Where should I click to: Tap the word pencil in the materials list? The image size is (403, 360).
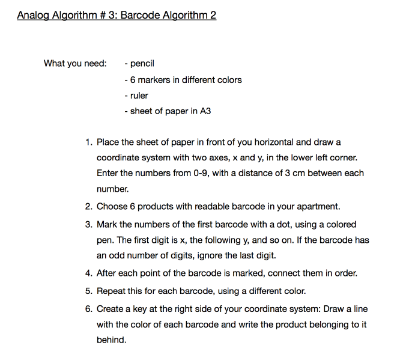click(x=142, y=63)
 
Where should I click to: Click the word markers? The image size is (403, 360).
click(x=154, y=79)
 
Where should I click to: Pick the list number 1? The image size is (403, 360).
click(x=88, y=142)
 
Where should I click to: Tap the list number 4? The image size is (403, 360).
click(x=88, y=273)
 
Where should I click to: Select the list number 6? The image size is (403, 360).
click(x=88, y=309)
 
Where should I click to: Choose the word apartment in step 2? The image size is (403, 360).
click(x=318, y=207)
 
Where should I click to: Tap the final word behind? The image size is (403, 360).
click(x=112, y=340)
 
